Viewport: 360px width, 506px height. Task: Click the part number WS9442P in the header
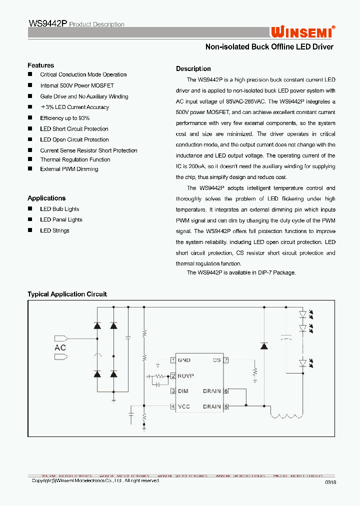47,24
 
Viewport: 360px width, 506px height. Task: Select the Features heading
40,65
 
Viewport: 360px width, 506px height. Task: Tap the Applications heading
46,198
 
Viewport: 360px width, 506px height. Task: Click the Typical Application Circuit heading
67,294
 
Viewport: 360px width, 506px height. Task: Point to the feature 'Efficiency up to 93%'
65,118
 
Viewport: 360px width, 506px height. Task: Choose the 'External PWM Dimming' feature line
69,169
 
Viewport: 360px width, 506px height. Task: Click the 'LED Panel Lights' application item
61,219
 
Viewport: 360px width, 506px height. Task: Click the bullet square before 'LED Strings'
29,230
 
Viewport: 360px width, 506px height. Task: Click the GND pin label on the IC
184,360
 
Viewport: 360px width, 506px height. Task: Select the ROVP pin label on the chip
185,375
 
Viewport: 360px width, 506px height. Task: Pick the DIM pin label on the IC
183,391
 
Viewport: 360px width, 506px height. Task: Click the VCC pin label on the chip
183,406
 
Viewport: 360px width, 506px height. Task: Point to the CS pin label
216,360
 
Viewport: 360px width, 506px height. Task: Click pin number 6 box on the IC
226,391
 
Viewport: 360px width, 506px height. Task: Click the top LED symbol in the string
302,315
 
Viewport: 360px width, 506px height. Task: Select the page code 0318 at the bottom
330,482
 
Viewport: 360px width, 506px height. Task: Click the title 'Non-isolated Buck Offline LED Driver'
269,47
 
